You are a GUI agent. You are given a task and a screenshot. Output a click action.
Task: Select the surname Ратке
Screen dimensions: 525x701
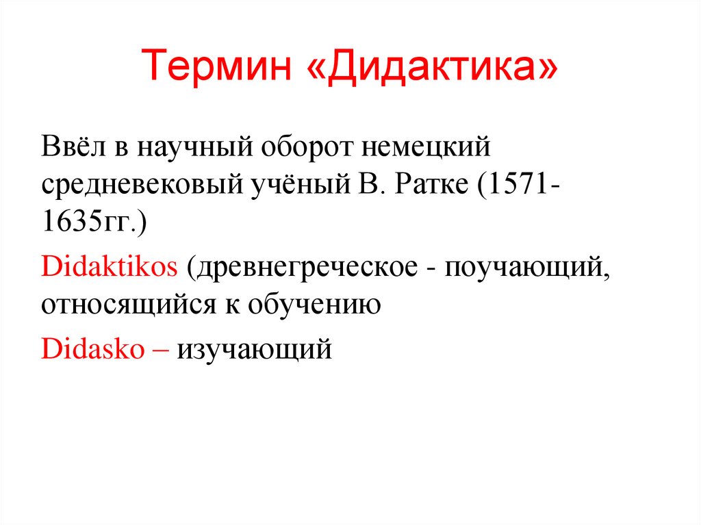(x=432, y=185)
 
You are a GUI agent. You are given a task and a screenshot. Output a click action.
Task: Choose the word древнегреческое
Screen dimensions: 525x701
(x=305, y=266)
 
